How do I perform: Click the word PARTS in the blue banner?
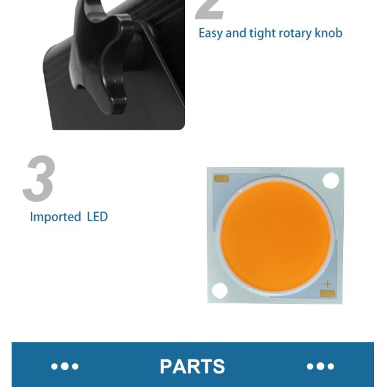click(x=192, y=366)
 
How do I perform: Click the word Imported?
click(x=55, y=217)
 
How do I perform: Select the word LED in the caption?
click(x=97, y=217)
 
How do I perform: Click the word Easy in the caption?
click(x=210, y=34)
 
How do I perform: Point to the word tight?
click(x=263, y=34)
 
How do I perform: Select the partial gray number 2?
click(x=210, y=10)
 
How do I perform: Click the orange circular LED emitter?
click(x=275, y=236)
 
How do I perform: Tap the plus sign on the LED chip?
click(x=327, y=284)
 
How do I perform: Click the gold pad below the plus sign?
click(x=327, y=293)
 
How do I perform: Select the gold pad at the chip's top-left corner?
click(x=222, y=179)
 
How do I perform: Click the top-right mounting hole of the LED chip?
click(x=331, y=181)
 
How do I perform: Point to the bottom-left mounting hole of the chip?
click(x=220, y=290)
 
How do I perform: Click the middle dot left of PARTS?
click(x=65, y=366)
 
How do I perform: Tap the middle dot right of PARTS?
click(x=321, y=366)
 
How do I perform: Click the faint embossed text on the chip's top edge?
click(x=276, y=170)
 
